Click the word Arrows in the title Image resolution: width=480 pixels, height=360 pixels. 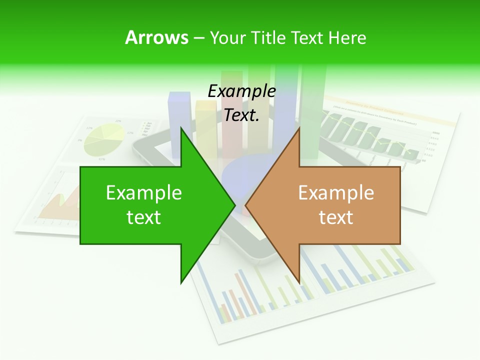click(156, 37)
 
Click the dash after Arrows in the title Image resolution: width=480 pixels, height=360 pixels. click(198, 38)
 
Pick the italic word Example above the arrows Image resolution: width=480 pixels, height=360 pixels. click(241, 91)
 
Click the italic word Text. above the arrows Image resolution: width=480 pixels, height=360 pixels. click(241, 115)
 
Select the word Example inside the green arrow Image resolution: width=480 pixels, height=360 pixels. click(143, 193)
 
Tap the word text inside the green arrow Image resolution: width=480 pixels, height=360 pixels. click(143, 217)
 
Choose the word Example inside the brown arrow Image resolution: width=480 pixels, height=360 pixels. click(336, 193)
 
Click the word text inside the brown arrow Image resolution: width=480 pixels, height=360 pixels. click(336, 217)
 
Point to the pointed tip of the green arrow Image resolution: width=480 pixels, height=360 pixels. click(235, 204)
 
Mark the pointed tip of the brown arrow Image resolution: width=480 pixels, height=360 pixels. click(245, 204)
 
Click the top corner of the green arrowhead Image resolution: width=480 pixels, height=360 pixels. click(181, 128)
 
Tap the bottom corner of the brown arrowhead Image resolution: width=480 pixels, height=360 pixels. click(299, 283)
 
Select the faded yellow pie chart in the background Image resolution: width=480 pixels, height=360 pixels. click(104, 140)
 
